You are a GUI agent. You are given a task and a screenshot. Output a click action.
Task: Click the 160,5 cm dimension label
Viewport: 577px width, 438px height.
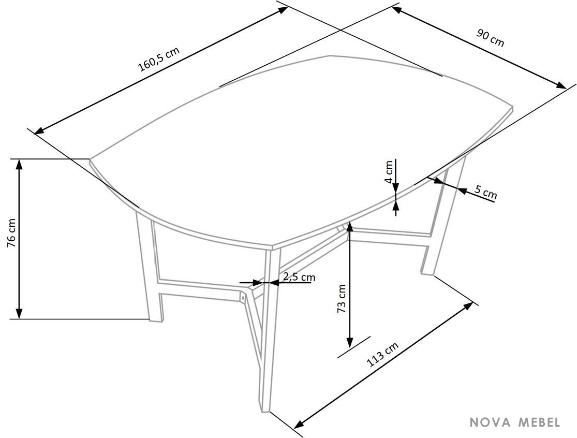[x=159, y=59]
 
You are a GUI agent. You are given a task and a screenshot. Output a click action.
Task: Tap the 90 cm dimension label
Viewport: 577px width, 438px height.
[x=491, y=38]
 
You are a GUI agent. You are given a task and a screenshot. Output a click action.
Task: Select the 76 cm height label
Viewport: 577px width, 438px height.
[x=11, y=233]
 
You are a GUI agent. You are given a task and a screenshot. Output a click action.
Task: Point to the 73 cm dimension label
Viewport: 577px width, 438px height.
[x=342, y=299]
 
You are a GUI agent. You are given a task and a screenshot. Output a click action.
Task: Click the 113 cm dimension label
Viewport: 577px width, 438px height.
[x=383, y=355]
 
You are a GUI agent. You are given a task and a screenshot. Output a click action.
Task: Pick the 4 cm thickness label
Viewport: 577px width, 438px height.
[x=389, y=172]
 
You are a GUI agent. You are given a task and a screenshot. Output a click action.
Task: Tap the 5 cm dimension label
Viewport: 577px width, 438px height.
[x=486, y=192]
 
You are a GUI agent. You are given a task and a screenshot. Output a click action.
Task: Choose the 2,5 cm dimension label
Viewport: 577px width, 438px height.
[x=299, y=276]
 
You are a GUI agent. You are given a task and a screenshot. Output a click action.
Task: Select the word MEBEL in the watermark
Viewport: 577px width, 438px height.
[x=539, y=422]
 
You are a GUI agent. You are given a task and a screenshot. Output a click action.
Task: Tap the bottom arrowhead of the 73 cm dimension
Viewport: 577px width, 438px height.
[x=350, y=343]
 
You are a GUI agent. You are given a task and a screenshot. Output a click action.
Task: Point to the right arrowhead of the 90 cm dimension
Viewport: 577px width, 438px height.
[x=561, y=85]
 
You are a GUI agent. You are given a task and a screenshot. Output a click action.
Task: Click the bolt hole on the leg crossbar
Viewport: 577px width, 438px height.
[x=243, y=296]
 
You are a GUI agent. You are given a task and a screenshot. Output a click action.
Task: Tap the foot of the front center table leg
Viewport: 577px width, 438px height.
[x=266, y=411]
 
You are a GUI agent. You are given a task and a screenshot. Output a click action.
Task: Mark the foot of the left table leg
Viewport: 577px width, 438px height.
[x=156, y=320]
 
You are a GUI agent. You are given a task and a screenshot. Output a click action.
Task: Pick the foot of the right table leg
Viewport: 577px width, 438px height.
[x=427, y=273]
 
